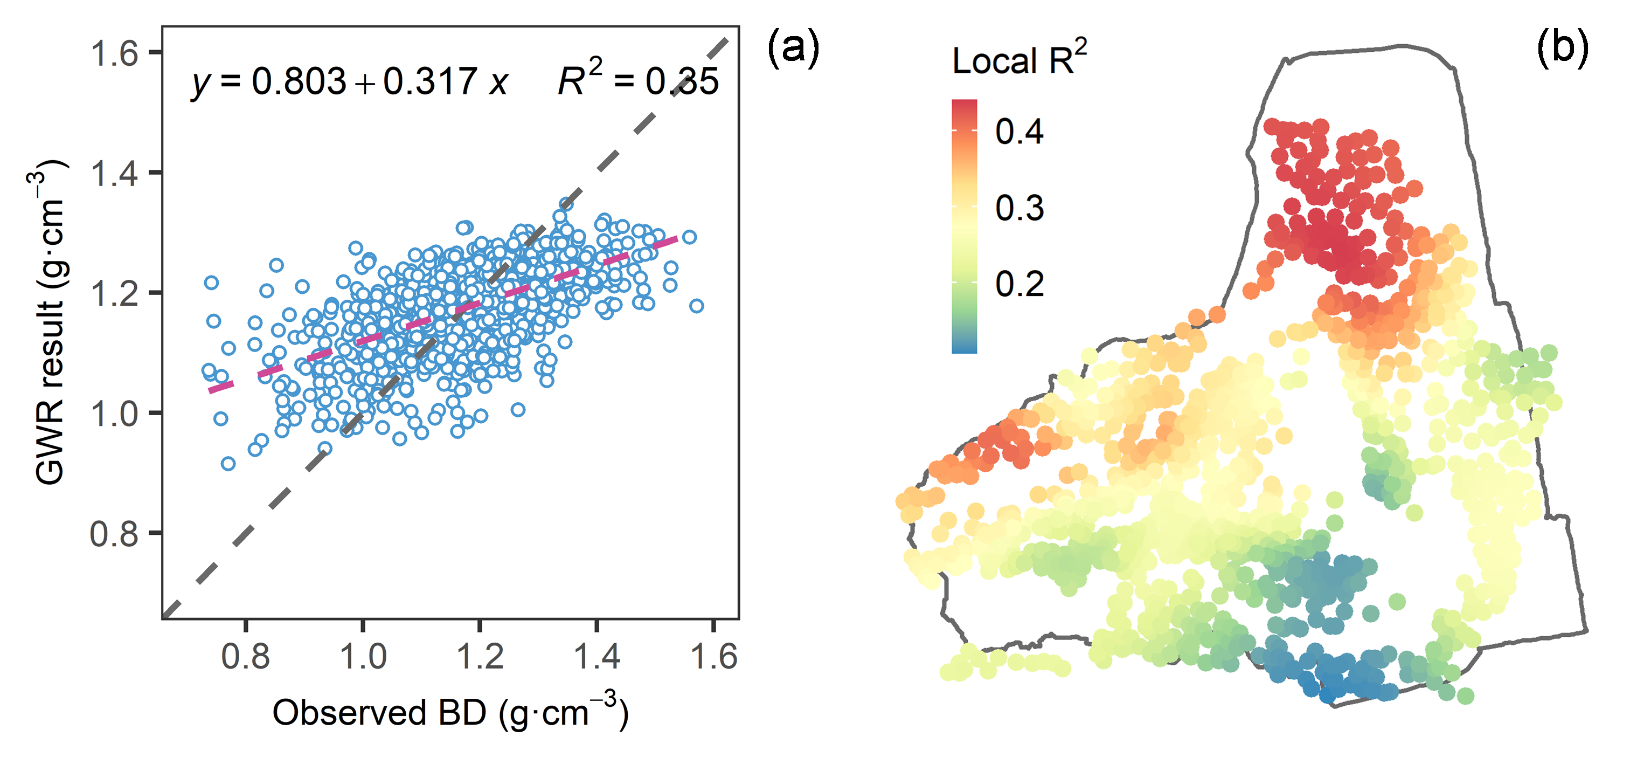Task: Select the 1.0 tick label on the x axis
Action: [363, 656]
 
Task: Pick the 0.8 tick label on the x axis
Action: [246, 656]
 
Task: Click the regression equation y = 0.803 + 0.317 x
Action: [349, 81]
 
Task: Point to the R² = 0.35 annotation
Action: [638, 80]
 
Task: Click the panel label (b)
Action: [1562, 47]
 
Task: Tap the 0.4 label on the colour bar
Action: [1019, 132]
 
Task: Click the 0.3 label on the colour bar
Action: [1019, 208]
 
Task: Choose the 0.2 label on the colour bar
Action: [1019, 284]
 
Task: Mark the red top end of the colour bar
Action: [965, 106]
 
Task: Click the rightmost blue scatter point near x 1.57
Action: [697, 306]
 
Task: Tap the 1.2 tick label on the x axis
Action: [480, 656]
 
